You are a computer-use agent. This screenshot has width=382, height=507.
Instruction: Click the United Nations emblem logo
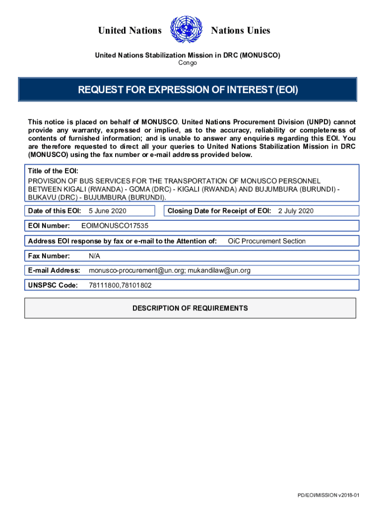point(186,30)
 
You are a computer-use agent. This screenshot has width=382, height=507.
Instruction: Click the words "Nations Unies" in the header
point(241,31)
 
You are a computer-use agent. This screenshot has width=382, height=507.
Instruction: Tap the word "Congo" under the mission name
point(188,63)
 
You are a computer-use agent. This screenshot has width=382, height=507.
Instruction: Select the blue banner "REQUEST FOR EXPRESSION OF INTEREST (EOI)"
point(188,90)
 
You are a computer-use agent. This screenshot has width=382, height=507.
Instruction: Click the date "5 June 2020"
point(107,211)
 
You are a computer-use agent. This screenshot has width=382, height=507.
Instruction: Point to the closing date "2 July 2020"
point(296,211)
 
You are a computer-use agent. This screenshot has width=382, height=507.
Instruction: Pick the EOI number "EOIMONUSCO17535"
point(115,226)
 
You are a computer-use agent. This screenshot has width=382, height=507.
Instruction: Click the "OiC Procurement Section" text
point(266,241)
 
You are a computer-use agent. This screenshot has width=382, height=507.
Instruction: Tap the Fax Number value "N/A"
point(94,256)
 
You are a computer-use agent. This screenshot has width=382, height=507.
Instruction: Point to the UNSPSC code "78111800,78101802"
point(120,285)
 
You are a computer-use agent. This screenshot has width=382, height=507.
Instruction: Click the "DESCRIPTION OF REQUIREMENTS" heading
point(190,308)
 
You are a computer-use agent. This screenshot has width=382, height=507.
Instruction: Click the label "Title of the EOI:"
point(53,171)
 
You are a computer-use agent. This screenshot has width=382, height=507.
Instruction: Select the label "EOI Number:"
point(49,226)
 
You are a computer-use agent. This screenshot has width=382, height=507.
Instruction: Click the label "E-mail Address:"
point(54,270)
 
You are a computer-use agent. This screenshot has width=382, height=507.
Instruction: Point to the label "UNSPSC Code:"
point(53,285)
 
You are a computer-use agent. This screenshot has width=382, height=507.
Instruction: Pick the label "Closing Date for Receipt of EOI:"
point(219,211)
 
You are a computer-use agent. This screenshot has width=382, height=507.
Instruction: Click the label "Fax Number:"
point(49,256)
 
